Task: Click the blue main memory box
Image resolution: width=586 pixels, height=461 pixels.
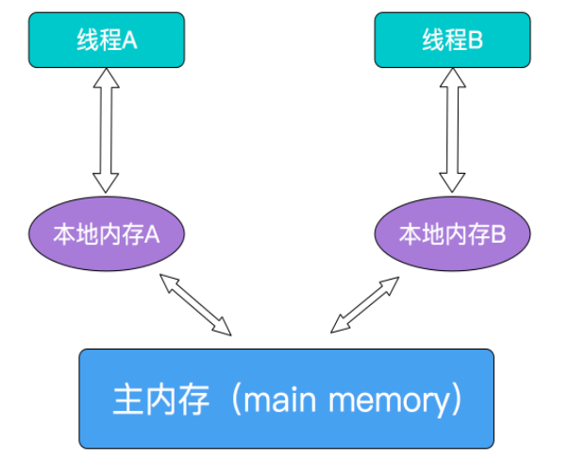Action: [x=286, y=398]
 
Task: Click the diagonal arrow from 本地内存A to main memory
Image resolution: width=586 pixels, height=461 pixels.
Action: [x=195, y=303]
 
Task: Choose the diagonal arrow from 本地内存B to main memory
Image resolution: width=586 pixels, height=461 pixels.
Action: [x=366, y=303]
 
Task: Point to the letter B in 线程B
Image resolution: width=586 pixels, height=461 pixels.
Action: [x=477, y=42]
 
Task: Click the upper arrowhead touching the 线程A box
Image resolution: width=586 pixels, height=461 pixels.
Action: [x=106, y=79]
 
